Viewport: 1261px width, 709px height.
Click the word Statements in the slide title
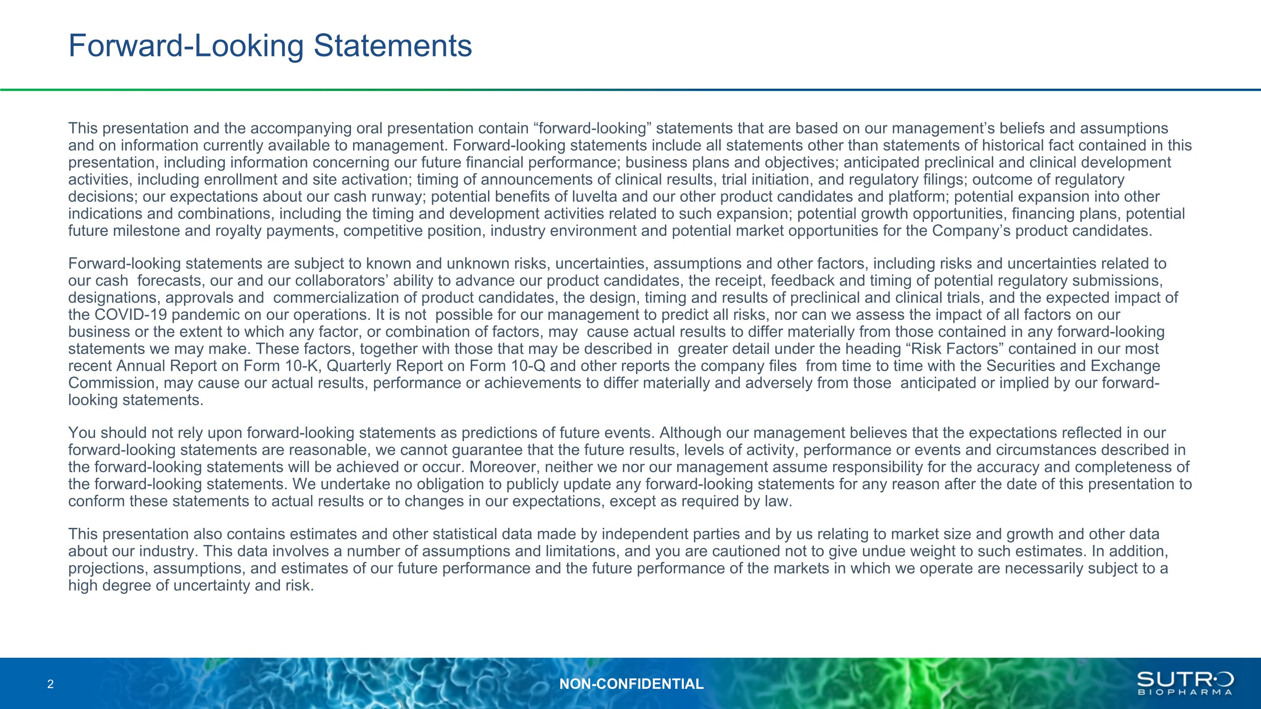click(x=393, y=45)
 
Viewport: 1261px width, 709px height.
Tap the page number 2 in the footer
click(x=50, y=684)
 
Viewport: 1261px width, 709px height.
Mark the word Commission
click(x=113, y=383)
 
